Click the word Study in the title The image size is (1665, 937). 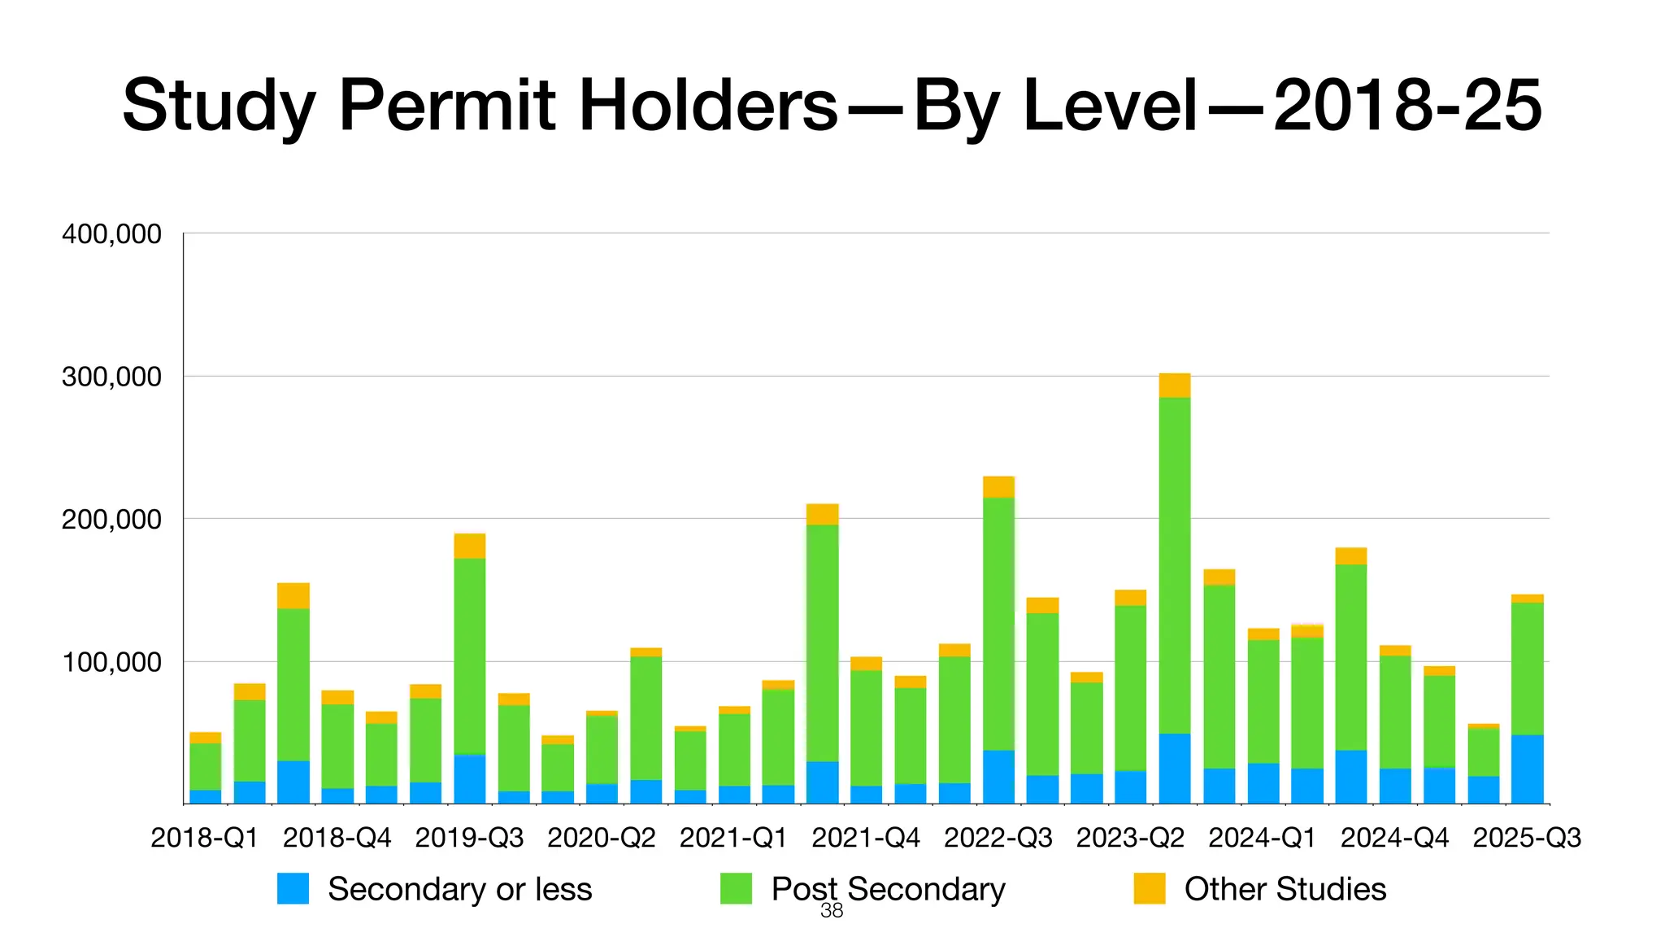point(218,107)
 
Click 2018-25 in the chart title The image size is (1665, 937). point(1407,107)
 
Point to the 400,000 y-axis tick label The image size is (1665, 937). point(111,234)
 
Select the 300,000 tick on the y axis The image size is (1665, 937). point(111,377)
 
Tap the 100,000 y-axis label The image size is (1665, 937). point(111,662)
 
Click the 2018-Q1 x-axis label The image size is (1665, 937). point(204,838)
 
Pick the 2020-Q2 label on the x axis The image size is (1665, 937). point(601,838)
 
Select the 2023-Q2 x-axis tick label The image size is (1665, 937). point(1130,838)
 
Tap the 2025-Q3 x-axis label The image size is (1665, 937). point(1527,838)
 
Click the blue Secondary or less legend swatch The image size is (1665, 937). point(293,888)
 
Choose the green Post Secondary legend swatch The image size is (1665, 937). point(736,888)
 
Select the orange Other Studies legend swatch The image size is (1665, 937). point(1150,888)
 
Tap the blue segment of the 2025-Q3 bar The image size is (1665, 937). point(1527,769)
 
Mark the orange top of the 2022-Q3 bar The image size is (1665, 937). point(998,486)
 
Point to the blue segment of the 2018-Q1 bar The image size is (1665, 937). point(206,796)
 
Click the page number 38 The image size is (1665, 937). point(832,911)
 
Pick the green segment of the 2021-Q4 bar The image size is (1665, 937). point(866,727)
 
